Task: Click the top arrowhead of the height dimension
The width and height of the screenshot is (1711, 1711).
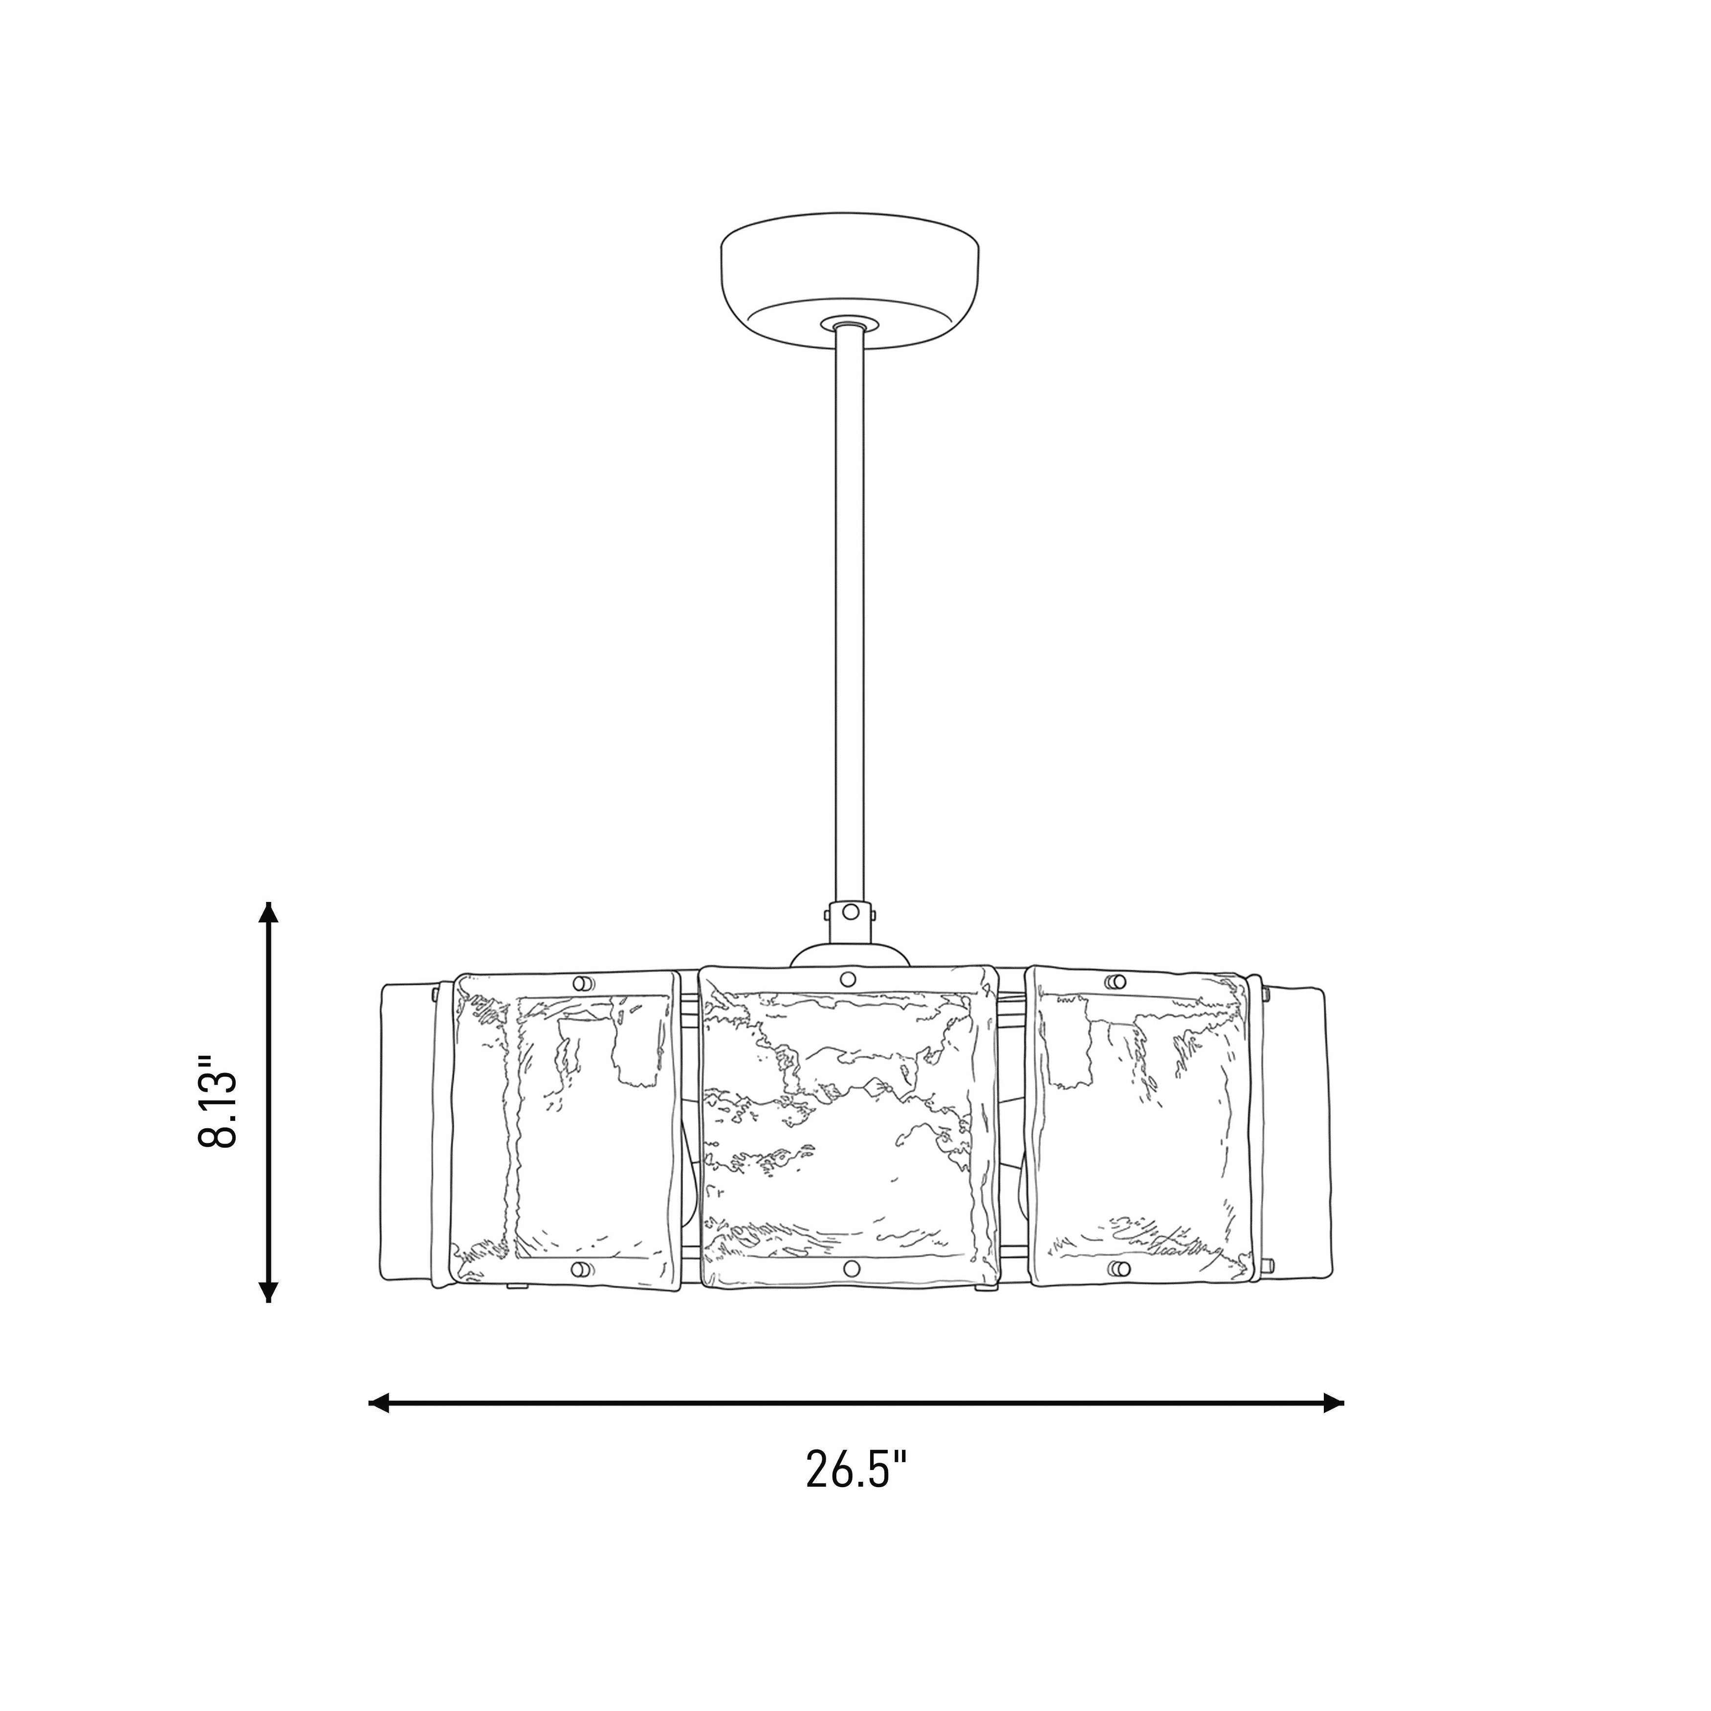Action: pos(267,913)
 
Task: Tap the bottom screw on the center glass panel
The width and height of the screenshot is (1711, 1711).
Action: pos(851,1269)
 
